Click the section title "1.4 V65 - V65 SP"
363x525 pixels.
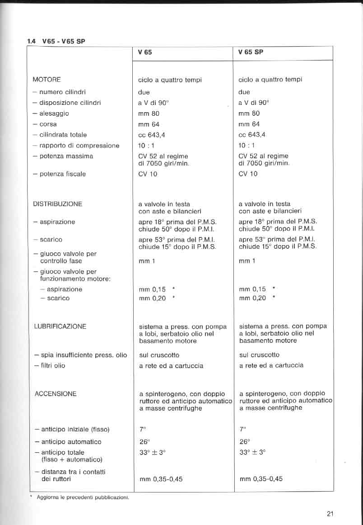click(56, 41)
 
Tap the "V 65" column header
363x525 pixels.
click(145, 52)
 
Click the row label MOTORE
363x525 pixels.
click(47, 80)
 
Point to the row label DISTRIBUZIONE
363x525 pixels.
click(57, 204)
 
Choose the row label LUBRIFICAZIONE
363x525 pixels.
click(60, 326)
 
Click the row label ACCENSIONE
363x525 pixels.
click(56, 394)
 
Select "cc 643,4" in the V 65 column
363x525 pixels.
click(152, 135)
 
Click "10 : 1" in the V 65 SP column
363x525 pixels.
click(247, 146)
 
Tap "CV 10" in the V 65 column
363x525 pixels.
click(148, 174)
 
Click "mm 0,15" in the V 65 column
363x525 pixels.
click(152, 289)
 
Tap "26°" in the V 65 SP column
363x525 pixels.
click(244, 442)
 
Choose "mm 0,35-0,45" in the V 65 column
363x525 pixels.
click(160, 479)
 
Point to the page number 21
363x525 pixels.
click(330, 513)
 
